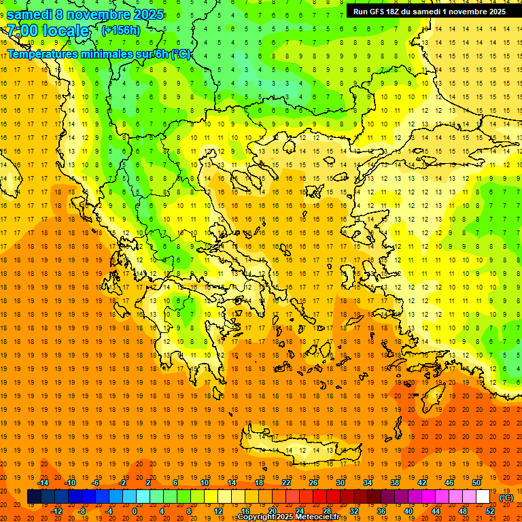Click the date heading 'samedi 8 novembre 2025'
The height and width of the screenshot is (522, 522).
pos(85,14)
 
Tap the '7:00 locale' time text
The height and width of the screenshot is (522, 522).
pos(48,31)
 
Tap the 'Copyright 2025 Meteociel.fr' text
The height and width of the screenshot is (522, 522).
pos(288,517)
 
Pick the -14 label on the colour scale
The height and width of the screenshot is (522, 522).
pos(43,483)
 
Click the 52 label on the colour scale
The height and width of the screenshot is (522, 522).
pos(489,511)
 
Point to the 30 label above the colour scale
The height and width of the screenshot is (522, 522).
pos(340,483)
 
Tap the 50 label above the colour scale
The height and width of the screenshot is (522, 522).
pos(476,483)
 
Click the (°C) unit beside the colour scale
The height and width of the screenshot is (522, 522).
pos(506,498)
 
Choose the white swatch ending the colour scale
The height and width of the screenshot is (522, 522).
pos(483,497)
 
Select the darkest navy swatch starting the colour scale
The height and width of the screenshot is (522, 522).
pos(34,497)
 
